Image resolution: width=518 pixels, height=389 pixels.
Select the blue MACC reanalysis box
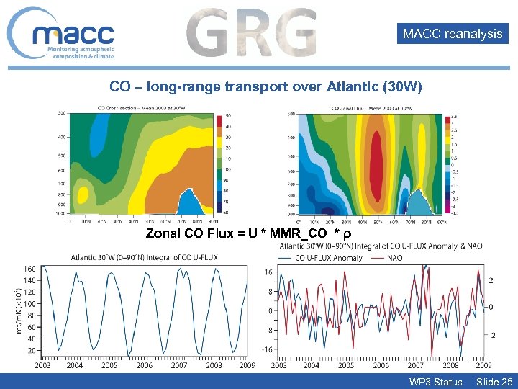coord(453,33)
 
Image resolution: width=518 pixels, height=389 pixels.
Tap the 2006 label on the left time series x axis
coord(145,365)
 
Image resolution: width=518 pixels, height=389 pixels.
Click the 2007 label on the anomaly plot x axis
coord(416,365)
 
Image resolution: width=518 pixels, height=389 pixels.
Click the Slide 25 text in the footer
coord(494,381)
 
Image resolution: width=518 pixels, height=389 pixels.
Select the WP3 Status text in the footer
coord(435,381)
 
